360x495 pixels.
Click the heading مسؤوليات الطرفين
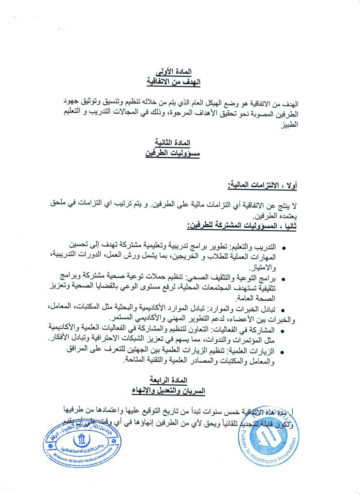click(172, 153)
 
